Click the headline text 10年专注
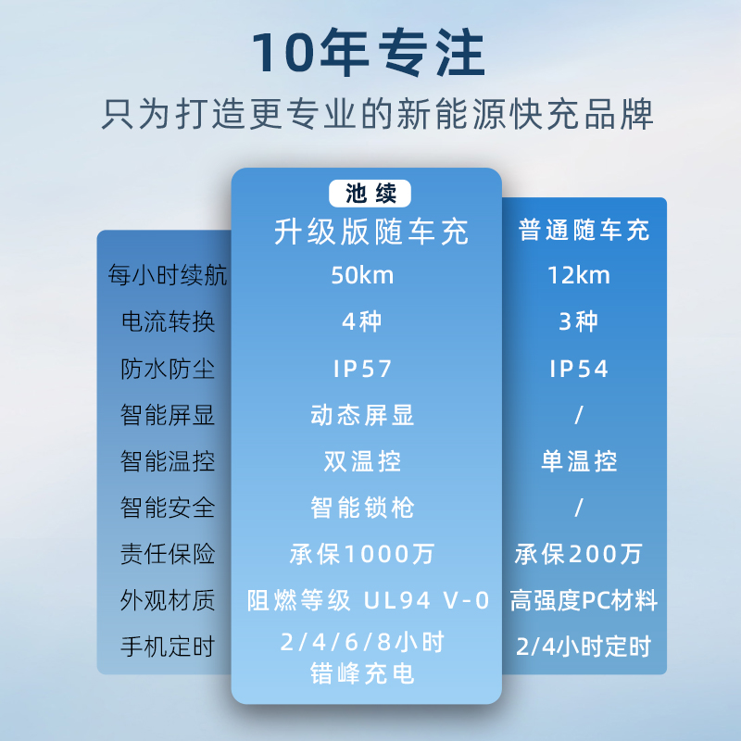point(369,52)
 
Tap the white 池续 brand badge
point(370,194)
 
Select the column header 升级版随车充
point(371,232)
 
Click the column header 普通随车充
point(584,230)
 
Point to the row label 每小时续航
point(168,275)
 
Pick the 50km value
point(362,275)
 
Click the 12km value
point(579,275)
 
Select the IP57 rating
point(362,369)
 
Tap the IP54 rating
point(579,369)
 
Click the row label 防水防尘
point(168,369)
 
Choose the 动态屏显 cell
point(362,415)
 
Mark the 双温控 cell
point(362,461)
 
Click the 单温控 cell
point(579,461)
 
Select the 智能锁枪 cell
point(362,508)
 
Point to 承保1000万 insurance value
point(362,554)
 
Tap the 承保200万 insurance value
point(579,554)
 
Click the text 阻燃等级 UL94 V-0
point(368,600)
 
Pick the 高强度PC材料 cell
point(584,600)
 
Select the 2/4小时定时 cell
point(584,647)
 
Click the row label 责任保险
point(168,554)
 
